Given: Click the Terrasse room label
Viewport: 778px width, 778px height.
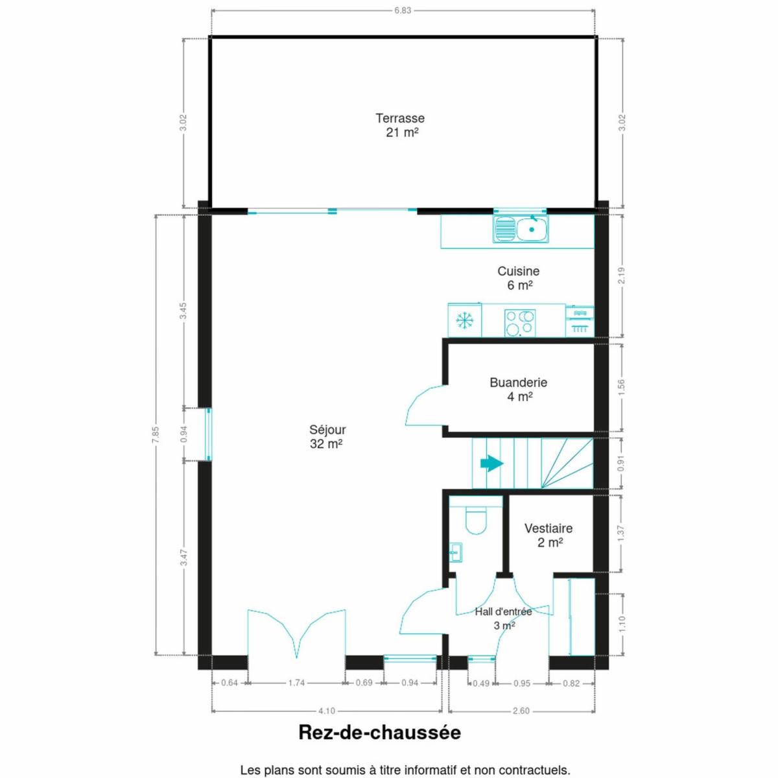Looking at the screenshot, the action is [x=400, y=124].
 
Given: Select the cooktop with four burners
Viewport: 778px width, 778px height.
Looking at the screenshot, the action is [x=520, y=323].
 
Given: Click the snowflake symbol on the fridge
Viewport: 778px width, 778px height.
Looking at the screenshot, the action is [x=464, y=321].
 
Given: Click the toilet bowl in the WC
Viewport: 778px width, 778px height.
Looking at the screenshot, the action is [x=477, y=521].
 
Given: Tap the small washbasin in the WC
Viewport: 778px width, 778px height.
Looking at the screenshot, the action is [x=456, y=552].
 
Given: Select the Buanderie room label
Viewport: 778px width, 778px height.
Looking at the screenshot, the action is [x=519, y=389].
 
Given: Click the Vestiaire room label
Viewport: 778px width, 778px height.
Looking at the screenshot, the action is [x=548, y=535].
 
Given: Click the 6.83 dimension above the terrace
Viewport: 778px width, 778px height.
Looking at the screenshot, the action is [x=403, y=10].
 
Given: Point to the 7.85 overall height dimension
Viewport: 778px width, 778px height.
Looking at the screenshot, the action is [x=157, y=434].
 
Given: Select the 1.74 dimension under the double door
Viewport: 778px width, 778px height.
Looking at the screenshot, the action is [x=296, y=683].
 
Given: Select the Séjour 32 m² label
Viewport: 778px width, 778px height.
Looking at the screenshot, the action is [x=327, y=436].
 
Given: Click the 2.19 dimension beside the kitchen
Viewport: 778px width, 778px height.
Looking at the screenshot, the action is [x=622, y=276].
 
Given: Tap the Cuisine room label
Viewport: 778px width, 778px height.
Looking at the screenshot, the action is [x=519, y=277].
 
